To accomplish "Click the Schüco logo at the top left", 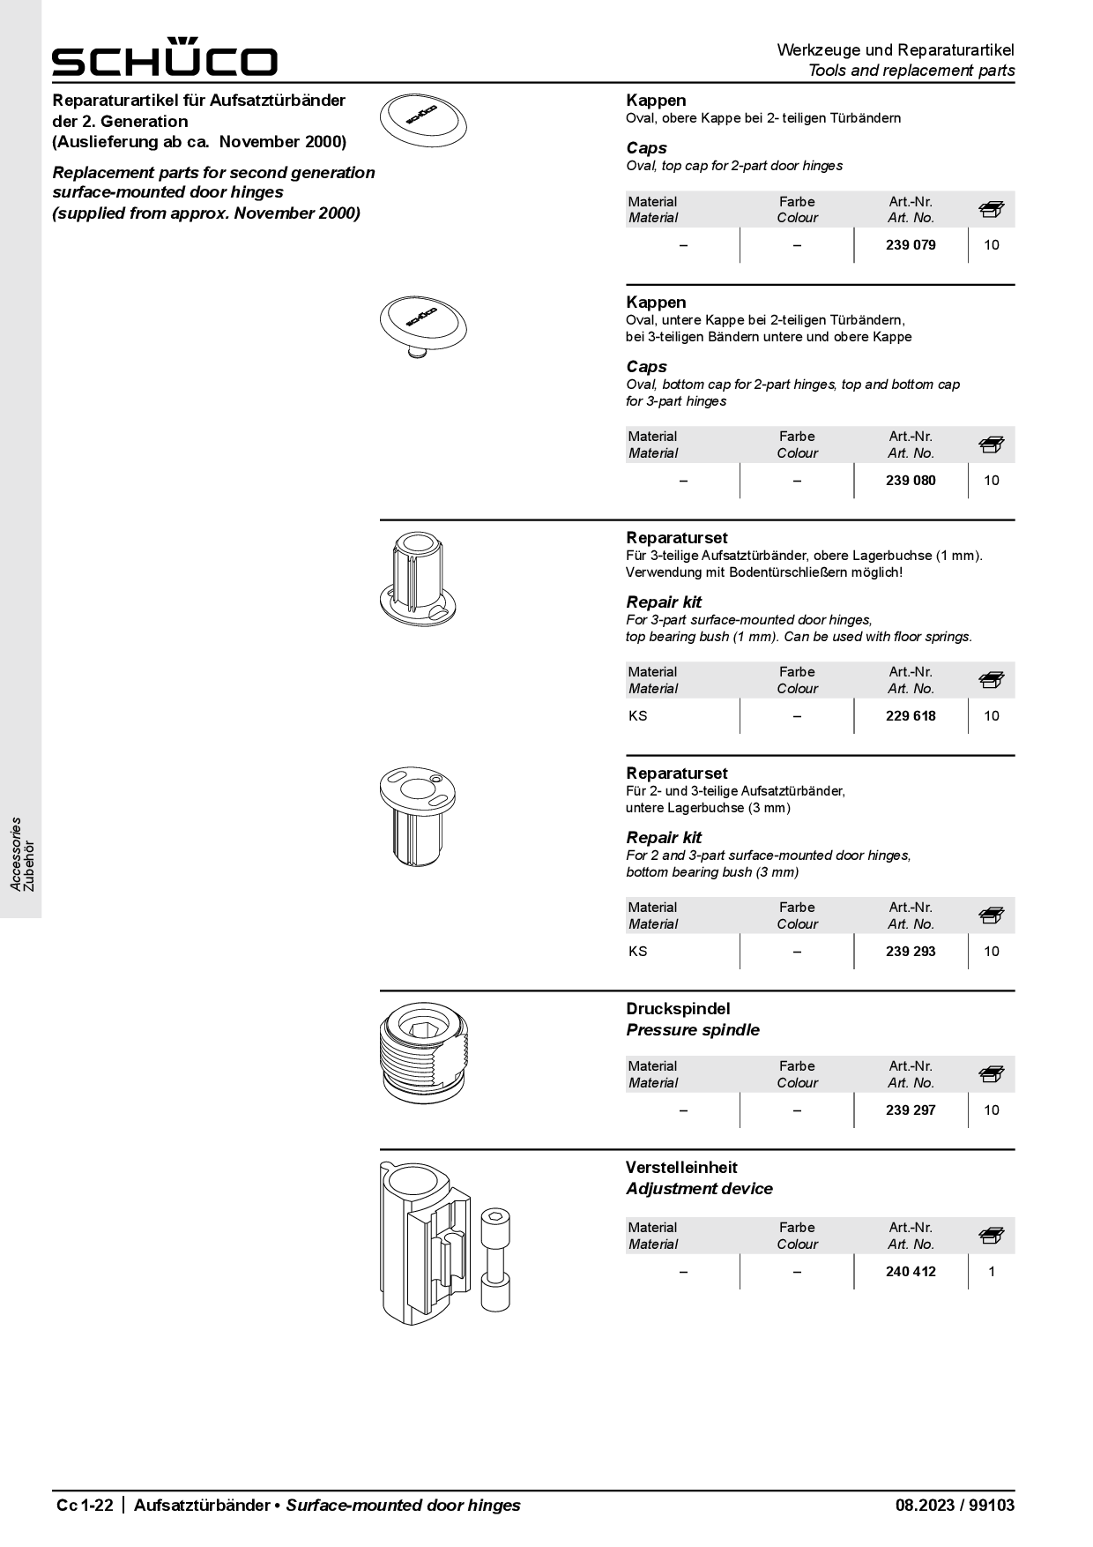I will pos(164,58).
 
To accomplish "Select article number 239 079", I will pos(911,245).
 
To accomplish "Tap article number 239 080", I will pos(911,481).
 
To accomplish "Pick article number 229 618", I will pos(911,716).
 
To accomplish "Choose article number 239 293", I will pos(911,952).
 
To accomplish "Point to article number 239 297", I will pos(911,1110).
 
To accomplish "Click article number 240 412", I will pos(911,1272).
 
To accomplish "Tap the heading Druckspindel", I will pos(678,1009).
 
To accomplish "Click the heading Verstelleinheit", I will pos(681,1168).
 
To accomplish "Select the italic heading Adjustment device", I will pos(699,1189).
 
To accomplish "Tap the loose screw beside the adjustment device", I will pos(495,1260).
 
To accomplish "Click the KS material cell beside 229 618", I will pos(638,716).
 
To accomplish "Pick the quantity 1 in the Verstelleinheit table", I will pos(992,1272).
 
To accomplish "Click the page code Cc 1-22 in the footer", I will pos(85,1506).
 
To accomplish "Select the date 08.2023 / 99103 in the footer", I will pos(955,1506).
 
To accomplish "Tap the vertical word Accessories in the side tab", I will pos(16,853).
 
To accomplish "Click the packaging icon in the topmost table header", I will pos(992,210).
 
